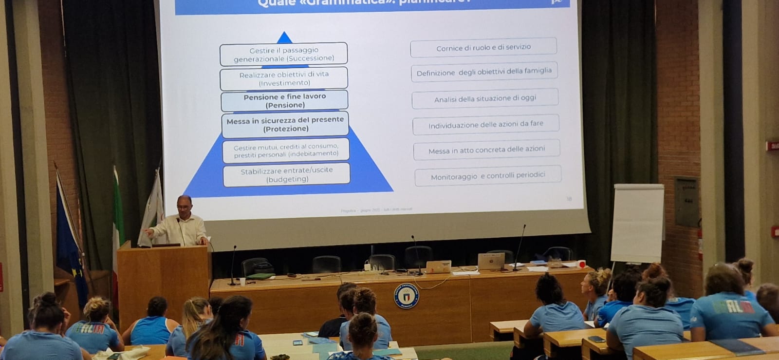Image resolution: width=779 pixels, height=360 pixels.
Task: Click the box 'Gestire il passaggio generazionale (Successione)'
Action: tap(284, 54)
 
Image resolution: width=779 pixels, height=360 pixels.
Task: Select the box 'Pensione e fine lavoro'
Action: tap(285, 101)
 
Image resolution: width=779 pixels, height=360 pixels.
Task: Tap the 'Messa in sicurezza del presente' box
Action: tap(285, 124)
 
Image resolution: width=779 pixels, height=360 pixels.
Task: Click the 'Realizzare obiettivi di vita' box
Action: tap(284, 78)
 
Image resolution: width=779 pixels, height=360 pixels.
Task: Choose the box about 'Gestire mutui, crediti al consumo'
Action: tap(286, 150)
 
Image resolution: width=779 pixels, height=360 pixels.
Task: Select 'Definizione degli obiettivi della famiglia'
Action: tap(484, 72)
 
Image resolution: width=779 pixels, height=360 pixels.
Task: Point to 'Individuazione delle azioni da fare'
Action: tap(486, 125)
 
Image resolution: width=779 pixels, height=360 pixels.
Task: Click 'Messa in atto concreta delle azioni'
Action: tap(486, 150)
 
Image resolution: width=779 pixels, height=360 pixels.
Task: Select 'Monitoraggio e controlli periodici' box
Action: tap(488, 176)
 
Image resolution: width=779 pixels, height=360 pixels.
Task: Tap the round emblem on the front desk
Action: tap(406, 296)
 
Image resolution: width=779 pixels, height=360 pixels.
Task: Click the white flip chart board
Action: tap(637, 223)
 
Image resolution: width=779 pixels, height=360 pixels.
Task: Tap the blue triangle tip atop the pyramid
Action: tap(284, 38)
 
